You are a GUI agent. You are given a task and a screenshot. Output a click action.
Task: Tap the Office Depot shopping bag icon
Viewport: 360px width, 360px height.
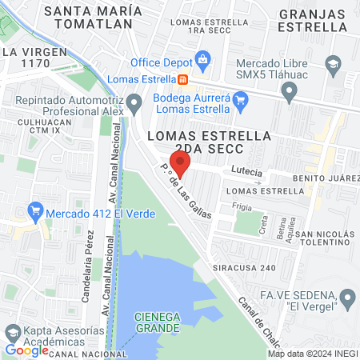tap(202, 59)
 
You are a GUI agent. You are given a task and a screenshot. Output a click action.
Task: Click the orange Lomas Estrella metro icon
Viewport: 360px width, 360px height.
tap(183, 79)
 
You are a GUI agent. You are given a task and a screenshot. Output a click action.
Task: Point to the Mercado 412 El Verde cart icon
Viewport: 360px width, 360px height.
tap(34, 213)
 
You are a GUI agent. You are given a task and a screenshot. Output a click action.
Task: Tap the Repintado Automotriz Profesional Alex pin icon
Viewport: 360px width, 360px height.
tap(135, 102)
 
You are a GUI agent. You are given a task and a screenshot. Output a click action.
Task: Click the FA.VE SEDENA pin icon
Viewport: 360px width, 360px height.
tap(347, 298)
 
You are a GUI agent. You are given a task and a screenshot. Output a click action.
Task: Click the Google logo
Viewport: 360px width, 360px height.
tap(26, 350)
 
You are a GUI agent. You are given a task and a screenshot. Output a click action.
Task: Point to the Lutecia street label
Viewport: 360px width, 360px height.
tap(246, 170)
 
